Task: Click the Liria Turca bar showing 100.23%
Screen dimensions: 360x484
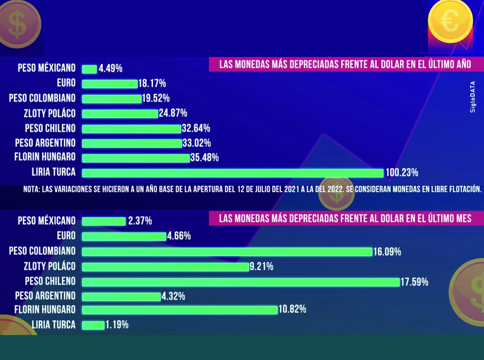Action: coord(233,173)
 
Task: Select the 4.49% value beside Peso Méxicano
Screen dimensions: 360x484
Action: coord(110,69)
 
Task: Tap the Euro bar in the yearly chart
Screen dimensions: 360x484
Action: coord(110,84)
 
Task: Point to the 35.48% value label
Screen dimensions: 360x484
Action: coord(205,158)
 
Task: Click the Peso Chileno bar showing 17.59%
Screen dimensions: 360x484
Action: coord(241,282)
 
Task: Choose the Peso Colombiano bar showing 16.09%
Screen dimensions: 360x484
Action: coord(227,252)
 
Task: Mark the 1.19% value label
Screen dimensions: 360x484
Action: coord(117,325)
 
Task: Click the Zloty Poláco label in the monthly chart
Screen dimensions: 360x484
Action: coord(49,266)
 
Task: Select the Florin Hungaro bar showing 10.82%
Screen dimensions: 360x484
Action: coord(180,310)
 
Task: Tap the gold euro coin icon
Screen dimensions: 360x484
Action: coord(450,21)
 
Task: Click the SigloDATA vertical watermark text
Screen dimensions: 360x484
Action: coord(473,96)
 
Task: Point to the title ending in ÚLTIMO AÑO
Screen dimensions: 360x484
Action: coord(345,65)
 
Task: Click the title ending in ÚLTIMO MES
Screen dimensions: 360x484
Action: coord(345,219)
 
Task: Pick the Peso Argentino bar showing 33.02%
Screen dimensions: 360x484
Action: coord(132,143)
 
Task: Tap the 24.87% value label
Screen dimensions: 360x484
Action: coord(173,113)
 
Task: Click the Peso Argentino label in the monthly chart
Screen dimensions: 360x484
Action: coord(45,296)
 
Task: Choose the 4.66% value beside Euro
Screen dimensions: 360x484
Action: coord(179,236)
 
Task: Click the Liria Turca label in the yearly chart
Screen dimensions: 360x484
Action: coord(53,172)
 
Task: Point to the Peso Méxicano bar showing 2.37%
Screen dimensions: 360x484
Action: coord(104,221)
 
